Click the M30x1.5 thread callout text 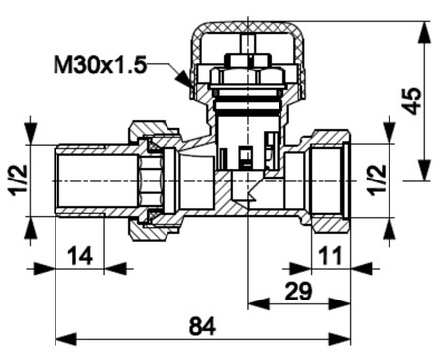99,64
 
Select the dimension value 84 202,326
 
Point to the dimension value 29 298,291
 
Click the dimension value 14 80,256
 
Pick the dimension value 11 330,255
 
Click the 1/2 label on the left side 19,180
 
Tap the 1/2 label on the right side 378,180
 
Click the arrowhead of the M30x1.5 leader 183,79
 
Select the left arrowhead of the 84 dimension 66,339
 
